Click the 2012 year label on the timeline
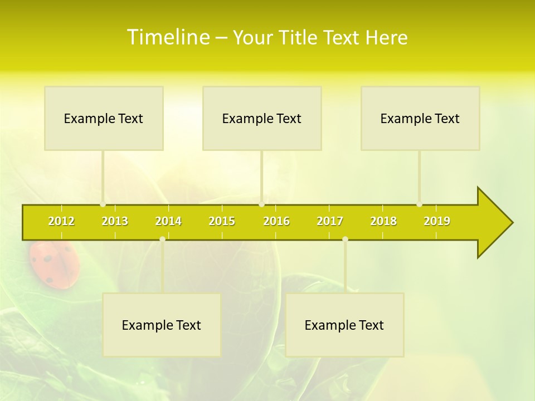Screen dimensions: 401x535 click(x=61, y=221)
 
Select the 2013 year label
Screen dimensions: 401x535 click(x=115, y=221)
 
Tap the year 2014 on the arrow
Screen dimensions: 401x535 click(x=168, y=221)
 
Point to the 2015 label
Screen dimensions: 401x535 click(x=222, y=221)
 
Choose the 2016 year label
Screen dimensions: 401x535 click(x=276, y=221)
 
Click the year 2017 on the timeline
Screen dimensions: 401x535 click(x=330, y=221)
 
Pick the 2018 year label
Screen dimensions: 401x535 click(x=383, y=221)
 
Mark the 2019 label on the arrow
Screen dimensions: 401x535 click(x=437, y=221)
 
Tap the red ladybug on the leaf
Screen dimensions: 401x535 click(x=54, y=264)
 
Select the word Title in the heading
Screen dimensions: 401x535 click(x=300, y=38)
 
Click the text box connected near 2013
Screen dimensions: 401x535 click(x=104, y=118)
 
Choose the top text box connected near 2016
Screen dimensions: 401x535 click(x=262, y=118)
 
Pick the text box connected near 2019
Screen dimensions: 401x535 click(x=420, y=118)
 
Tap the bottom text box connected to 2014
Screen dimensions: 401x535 click(x=162, y=325)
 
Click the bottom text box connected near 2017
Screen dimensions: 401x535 click(x=344, y=325)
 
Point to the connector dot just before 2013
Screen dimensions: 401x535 click(x=103, y=204)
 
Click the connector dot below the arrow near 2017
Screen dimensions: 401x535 click(x=345, y=239)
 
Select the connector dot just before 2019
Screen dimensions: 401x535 click(x=419, y=204)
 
